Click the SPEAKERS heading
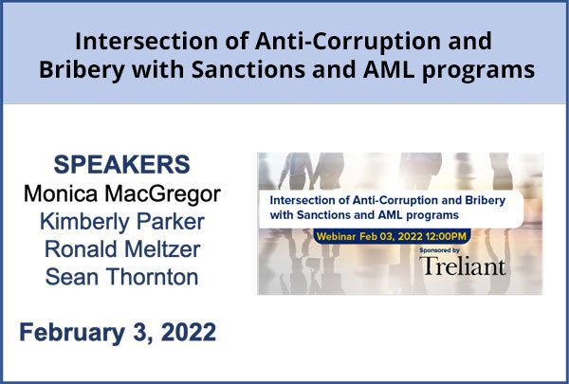(x=122, y=164)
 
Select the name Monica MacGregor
(x=122, y=194)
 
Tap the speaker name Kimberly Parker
(x=122, y=222)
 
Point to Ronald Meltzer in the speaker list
(x=122, y=249)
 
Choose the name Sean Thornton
(x=122, y=277)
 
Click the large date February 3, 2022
(x=118, y=333)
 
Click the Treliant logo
(x=463, y=266)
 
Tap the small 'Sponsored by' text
(x=439, y=250)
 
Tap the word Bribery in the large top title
(x=82, y=69)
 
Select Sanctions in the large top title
(x=248, y=69)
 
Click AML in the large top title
(x=388, y=69)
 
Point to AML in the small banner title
(x=391, y=215)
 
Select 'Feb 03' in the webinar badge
(x=377, y=237)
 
